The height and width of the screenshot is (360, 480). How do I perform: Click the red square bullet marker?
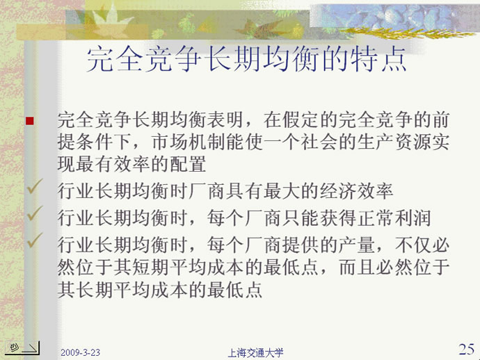30,121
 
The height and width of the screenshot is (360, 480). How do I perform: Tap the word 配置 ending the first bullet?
188,165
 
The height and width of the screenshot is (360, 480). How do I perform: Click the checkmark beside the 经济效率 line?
35,186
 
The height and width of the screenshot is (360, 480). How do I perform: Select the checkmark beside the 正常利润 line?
35,213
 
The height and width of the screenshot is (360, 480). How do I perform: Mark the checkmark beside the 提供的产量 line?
35,240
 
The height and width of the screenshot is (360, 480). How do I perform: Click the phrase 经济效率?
357,192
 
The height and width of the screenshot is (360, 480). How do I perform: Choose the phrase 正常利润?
394,218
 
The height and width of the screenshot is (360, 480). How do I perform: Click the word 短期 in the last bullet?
151,268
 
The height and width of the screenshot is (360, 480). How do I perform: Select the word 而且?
357,268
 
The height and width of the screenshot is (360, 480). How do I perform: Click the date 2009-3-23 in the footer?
80,352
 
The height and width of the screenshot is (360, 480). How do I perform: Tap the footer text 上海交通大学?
255,353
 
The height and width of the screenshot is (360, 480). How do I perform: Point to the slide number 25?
467,349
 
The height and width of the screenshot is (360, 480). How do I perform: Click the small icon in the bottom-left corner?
22,348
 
